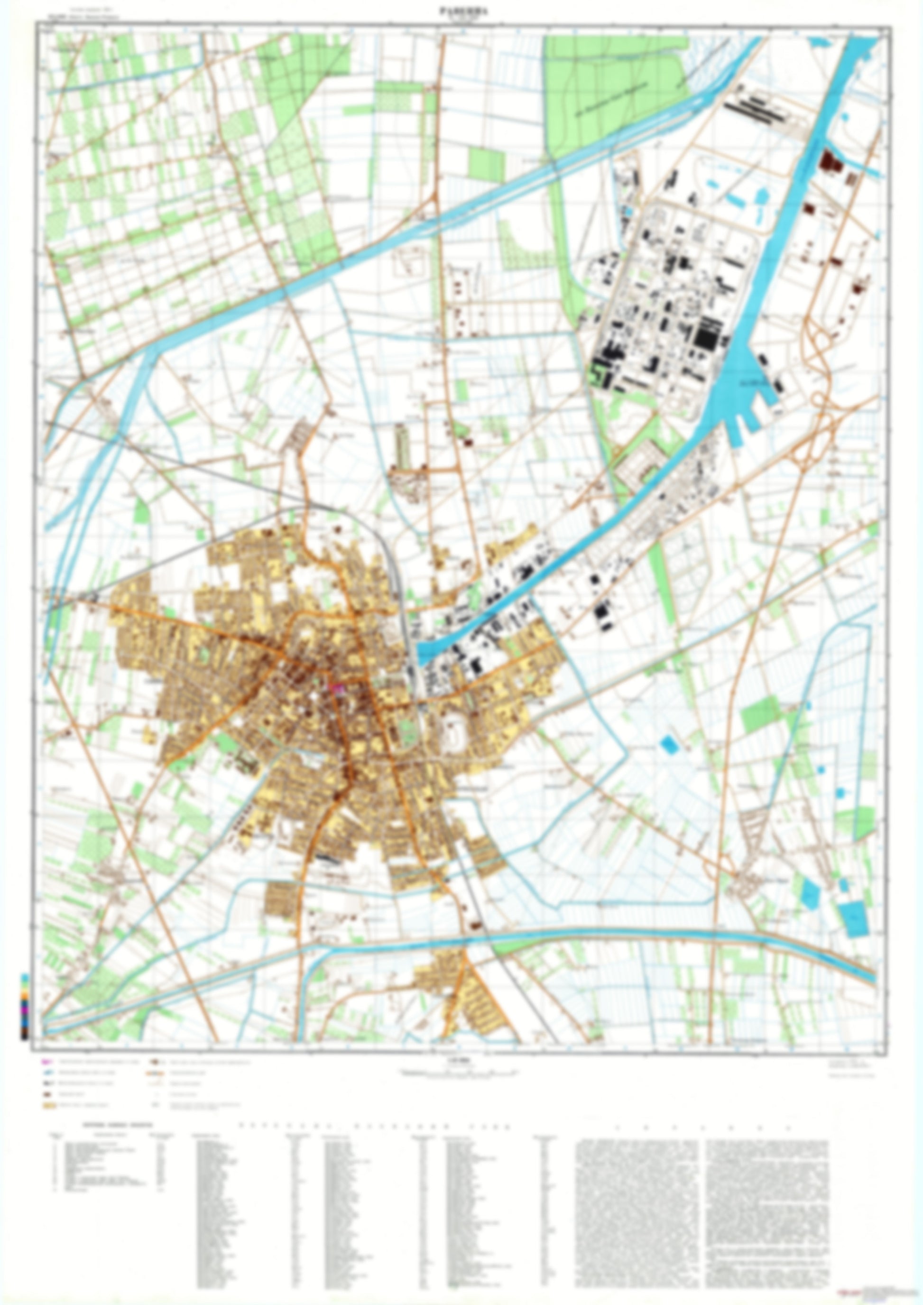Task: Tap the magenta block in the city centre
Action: pyautogui.click(x=338, y=688)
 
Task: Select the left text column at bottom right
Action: pyautogui.click(x=637, y=1205)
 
